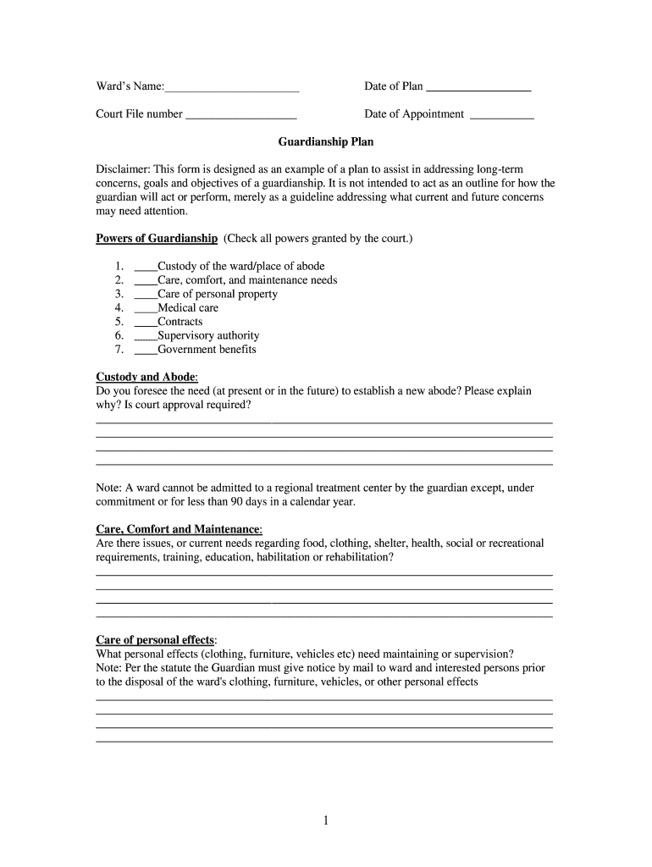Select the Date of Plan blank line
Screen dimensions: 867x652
click(x=478, y=87)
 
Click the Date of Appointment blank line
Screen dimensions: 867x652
click(x=501, y=115)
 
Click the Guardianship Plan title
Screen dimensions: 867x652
click(x=326, y=142)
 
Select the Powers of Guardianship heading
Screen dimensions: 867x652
click(x=157, y=239)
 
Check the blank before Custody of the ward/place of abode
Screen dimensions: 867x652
click(x=146, y=267)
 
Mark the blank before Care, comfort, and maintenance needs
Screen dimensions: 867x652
click(x=146, y=280)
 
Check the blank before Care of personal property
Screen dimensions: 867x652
click(x=146, y=295)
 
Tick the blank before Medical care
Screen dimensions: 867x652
click(x=146, y=308)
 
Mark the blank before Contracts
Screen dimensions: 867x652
click(x=146, y=322)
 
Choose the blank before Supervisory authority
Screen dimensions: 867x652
click(x=146, y=336)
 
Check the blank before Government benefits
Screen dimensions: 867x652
click(x=146, y=350)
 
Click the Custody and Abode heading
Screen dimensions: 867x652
click(x=146, y=377)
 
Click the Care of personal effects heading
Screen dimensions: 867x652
click(x=156, y=639)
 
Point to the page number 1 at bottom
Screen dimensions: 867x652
click(x=326, y=820)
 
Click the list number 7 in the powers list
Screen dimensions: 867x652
click(x=119, y=350)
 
